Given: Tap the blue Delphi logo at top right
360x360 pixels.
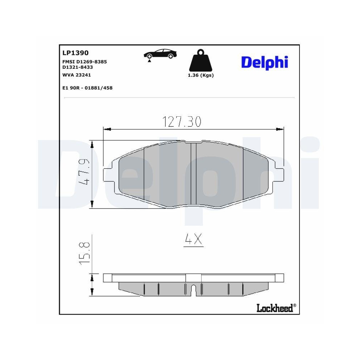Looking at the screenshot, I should pos(265,62).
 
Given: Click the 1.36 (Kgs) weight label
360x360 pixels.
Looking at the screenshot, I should pos(201,75).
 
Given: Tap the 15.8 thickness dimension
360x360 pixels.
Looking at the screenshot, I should pos(84,254).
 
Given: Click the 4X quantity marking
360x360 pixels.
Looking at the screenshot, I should pos(193,240).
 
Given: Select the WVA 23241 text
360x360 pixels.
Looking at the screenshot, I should pos(77,75).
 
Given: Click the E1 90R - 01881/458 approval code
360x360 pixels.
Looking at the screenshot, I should pos(87,88).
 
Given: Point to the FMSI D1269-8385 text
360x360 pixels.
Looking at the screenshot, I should pos(85,62).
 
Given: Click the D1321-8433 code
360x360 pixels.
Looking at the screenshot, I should pos(78,67).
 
